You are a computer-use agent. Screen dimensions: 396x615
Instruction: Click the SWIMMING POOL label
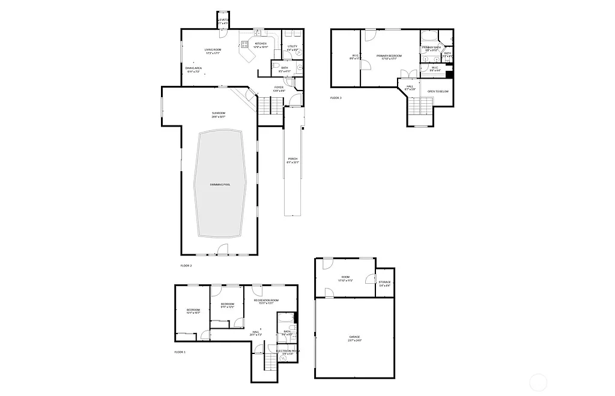pos(220,184)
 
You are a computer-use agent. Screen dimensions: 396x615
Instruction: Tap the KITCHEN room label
pos(261,44)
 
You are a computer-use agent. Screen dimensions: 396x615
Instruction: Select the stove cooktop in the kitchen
pos(245,44)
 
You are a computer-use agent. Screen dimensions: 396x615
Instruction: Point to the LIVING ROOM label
pos(213,50)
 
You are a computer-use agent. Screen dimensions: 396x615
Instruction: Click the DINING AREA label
pos(193,68)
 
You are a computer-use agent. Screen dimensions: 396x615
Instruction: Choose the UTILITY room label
pos(292,46)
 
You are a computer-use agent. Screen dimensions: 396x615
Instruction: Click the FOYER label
pos(279,88)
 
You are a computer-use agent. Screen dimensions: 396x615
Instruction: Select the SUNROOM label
pos(218,113)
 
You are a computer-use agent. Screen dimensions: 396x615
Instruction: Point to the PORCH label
pos(292,159)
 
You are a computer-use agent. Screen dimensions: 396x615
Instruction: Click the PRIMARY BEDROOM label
pos(389,56)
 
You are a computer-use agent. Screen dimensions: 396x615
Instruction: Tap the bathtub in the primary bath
pos(431,34)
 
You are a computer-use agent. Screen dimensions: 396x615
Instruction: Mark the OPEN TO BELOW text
pos(438,91)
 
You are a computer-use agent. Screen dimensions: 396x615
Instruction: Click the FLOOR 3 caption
pos(336,98)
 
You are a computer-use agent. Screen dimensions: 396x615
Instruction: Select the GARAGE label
pos(354,337)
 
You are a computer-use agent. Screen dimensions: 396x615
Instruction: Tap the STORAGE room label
pos(384,282)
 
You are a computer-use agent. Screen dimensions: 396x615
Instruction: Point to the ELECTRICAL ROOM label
pos(288,351)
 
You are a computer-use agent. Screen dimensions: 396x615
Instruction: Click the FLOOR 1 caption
pos(180,352)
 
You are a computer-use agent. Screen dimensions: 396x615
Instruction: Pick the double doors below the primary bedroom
pos(408,74)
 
